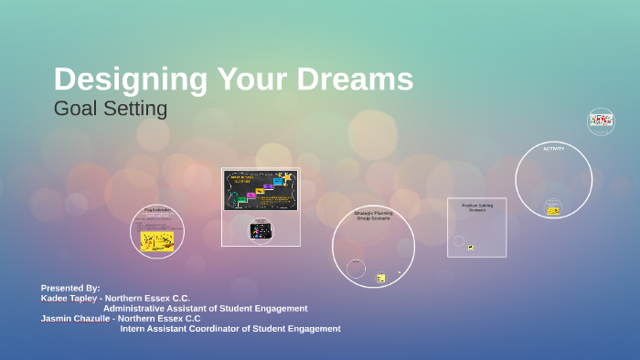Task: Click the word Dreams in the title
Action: click(360, 79)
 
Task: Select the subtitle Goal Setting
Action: click(111, 109)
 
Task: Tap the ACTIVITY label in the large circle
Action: click(553, 149)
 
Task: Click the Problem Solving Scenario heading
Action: click(476, 207)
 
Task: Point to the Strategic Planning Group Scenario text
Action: click(372, 216)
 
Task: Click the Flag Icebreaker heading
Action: click(157, 211)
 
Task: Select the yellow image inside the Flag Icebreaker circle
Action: click(157, 240)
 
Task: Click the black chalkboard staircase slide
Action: click(261, 190)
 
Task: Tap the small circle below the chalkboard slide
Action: click(261, 231)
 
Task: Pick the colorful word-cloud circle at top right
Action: click(601, 121)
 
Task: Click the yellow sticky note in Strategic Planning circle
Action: click(380, 278)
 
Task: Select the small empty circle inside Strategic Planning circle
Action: click(356, 269)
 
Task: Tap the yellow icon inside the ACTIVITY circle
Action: click(553, 211)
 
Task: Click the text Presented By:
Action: click(70, 288)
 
